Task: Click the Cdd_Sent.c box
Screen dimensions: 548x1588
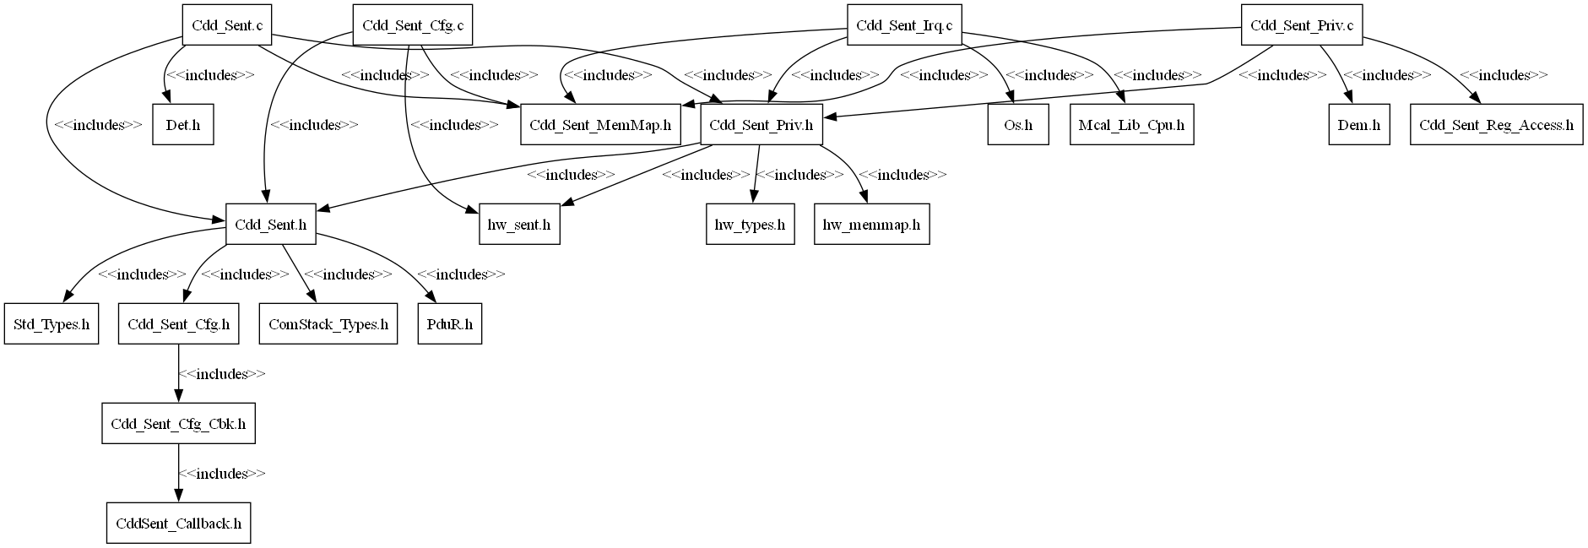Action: coord(227,25)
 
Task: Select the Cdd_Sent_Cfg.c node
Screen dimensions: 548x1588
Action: coord(413,25)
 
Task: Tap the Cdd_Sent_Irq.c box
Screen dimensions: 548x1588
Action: coord(904,25)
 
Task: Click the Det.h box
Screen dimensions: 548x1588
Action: coord(183,125)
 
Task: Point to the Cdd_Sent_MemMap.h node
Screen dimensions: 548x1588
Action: coord(600,125)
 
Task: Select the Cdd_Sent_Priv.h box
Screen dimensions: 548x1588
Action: coord(761,125)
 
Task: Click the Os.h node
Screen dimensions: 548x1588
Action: coord(1018,125)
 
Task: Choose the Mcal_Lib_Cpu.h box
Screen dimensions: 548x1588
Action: coord(1131,125)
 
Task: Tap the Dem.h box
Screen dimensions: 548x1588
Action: coord(1358,125)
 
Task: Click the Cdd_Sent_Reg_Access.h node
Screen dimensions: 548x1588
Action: coord(1496,125)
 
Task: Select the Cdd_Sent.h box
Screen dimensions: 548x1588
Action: coord(270,225)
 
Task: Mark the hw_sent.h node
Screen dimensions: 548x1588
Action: coord(519,225)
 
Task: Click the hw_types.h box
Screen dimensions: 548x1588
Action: coord(750,225)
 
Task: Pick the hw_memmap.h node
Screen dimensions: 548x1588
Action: coord(871,225)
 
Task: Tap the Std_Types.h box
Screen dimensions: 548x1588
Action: coord(51,324)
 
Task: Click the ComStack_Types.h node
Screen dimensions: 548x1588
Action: coord(328,324)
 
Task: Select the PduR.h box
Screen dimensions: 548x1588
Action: coord(450,324)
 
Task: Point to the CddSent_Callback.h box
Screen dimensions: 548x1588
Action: coord(178,524)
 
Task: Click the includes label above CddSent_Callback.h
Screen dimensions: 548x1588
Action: coord(222,474)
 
